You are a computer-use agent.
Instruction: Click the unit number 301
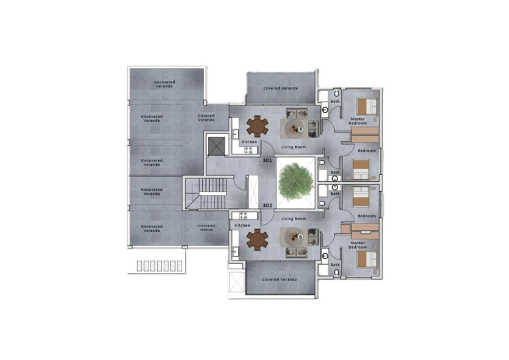click(x=268, y=160)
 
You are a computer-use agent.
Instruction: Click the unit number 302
click(x=268, y=206)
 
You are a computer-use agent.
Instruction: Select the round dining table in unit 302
click(x=256, y=239)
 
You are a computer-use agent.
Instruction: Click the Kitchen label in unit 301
click(x=249, y=143)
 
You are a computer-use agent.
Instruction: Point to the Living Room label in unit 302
click(x=293, y=218)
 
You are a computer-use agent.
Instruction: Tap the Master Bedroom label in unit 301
click(x=358, y=121)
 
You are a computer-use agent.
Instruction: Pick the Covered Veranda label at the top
click(x=280, y=88)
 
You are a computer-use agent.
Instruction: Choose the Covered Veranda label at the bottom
click(x=280, y=280)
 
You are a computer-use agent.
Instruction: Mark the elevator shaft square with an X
click(x=216, y=145)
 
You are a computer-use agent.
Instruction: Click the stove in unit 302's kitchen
click(x=243, y=215)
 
